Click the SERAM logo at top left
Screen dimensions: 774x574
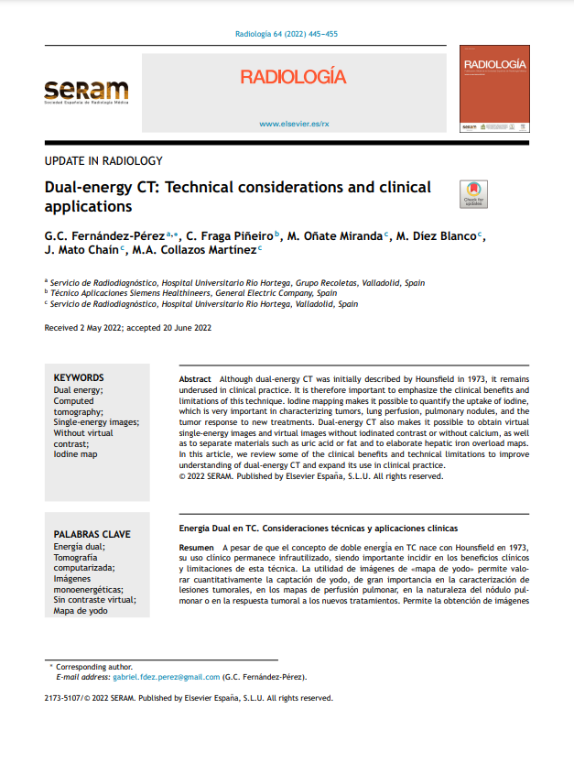87,93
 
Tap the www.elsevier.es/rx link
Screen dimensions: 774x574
294,123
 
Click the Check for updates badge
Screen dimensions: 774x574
473,194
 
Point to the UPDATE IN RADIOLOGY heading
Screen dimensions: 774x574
103,161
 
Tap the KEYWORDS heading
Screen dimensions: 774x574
79,377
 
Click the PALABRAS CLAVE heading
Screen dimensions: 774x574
92,534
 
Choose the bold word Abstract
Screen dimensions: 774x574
195,378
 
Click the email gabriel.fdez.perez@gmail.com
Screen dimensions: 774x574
166,677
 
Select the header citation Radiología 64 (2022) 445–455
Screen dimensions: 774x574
287,34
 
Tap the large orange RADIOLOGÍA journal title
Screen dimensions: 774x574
293,76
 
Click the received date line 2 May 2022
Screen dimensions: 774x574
128,327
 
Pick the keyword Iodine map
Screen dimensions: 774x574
75,453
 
